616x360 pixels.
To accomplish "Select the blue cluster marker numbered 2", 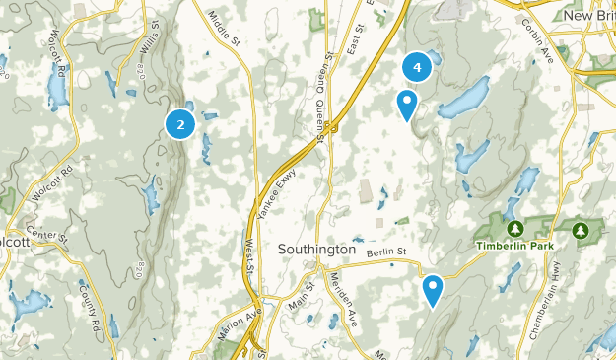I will point(179,124).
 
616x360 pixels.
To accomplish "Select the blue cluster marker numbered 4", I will point(417,67).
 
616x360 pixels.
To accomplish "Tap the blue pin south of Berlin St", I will point(432,290).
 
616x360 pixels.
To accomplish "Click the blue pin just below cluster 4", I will point(406,104).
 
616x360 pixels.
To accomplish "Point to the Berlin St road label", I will point(385,253).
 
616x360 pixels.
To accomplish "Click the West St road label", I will point(249,252).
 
